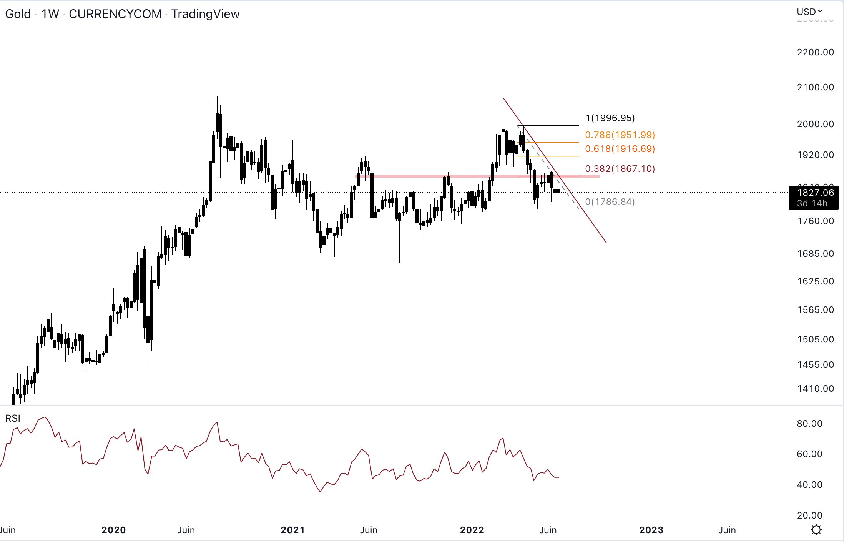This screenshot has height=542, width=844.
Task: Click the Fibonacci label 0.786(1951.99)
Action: (620, 135)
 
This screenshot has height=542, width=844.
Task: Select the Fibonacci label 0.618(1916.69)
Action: (620, 149)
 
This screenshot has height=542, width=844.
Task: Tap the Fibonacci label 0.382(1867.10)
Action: (620, 169)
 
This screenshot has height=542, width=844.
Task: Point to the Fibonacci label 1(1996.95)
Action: (610, 118)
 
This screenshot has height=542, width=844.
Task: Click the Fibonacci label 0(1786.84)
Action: (610, 202)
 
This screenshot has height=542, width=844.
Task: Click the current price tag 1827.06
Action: (815, 193)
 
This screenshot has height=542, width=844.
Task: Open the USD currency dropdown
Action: (809, 12)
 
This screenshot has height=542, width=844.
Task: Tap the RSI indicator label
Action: (13, 418)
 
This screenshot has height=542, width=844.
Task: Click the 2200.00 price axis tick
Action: (815, 52)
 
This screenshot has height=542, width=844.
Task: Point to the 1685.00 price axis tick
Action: (815, 254)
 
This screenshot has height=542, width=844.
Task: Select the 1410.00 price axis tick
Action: (815, 389)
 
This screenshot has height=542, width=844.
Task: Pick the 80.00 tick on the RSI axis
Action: (809, 424)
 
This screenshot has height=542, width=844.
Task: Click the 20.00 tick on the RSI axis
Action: (809, 515)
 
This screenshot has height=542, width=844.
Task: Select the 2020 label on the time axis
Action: (114, 530)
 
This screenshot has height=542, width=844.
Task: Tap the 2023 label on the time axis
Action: (651, 530)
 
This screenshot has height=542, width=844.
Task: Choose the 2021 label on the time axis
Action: (293, 530)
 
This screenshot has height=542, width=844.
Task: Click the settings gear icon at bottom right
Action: (816, 530)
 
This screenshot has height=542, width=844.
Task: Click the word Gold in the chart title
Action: (18, 14)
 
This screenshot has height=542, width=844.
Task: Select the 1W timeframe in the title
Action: (50, 14)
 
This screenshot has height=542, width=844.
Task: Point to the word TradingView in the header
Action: (205, 14)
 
